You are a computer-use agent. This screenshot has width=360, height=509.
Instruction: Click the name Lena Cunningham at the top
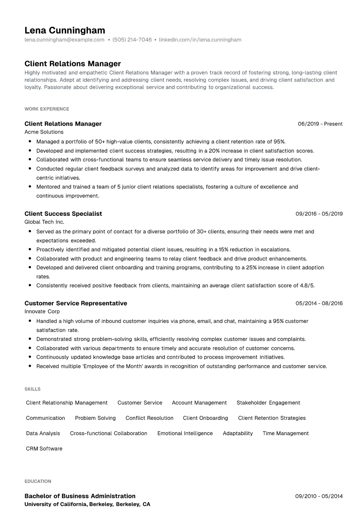point(65,30)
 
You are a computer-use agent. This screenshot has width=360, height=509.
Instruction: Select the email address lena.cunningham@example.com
point(64,40)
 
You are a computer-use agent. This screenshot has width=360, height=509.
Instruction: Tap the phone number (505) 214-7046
point(132,40)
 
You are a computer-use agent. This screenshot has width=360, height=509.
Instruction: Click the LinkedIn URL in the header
point(200,40)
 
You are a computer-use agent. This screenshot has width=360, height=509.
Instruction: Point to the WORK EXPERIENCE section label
point(47,109)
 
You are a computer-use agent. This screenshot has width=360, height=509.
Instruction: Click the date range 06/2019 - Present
point(320,124)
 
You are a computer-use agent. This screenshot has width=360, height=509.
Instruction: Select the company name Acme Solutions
point(44,132)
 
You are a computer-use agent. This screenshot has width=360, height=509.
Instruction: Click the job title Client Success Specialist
point(63,214)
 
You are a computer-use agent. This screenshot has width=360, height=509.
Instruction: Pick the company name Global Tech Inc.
point(44,222)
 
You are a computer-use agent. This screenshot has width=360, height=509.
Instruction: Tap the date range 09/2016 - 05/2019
point(319,214)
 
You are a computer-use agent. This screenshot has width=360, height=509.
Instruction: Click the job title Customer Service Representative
point(76,303)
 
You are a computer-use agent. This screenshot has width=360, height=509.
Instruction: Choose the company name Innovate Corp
point(42,312)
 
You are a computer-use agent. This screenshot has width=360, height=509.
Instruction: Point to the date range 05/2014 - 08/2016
point(319,303)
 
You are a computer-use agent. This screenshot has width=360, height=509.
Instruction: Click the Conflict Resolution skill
point(149,418)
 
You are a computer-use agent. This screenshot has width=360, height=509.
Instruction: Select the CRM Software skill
point(44,449)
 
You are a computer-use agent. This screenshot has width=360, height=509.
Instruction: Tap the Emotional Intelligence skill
point(185,433)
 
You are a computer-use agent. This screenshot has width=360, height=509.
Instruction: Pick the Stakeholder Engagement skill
point(268,403)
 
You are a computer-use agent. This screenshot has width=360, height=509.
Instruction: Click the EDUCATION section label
point(38,481)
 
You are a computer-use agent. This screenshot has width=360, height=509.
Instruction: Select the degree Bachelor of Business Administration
point(80,496)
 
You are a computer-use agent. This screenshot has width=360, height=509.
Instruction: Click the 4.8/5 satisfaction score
point(306,285)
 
